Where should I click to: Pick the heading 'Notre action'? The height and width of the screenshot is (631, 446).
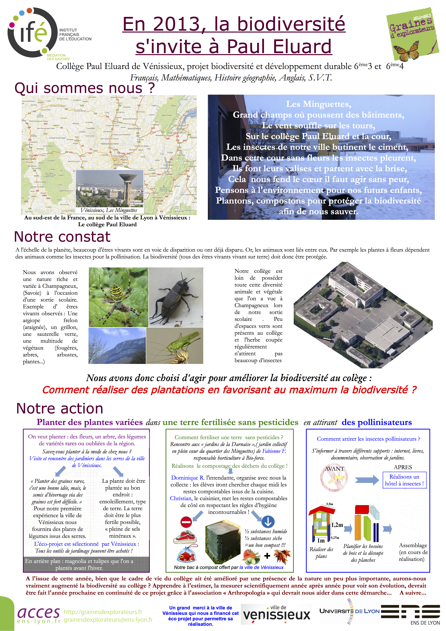click(x=60, y=408)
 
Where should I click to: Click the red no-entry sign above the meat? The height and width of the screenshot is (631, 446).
click(x=186, y=522)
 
